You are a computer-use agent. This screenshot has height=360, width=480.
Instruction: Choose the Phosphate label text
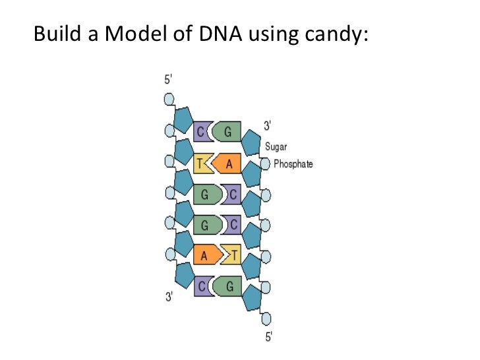coord(293,164)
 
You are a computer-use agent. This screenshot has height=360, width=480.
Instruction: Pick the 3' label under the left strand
coord(169,297)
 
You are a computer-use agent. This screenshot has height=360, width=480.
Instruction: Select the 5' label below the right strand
coord(268,338)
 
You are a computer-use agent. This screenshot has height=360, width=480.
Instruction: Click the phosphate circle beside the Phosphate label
coord(265,164)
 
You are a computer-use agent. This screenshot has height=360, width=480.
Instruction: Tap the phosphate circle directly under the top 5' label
coord(169,100)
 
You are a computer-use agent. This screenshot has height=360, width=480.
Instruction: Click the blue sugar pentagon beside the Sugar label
coord(251,142)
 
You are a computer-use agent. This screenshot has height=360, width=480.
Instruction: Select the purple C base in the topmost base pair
coord(201,131)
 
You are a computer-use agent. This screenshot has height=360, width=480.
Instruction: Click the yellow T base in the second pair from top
coord(200,163)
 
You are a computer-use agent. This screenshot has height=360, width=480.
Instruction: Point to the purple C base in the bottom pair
coord(201,286)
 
